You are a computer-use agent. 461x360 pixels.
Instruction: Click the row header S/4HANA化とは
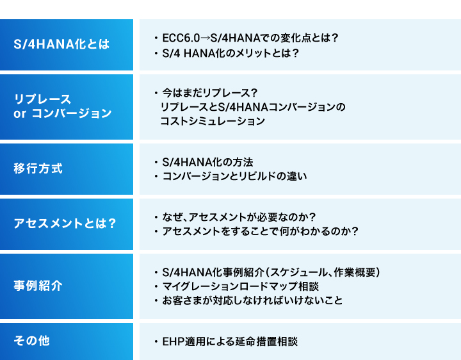click(61, 44)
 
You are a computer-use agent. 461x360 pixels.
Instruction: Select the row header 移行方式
click(38, 168)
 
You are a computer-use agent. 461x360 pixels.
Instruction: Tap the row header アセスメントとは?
click(65, 224)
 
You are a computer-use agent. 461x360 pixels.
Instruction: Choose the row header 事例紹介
click(38, 286)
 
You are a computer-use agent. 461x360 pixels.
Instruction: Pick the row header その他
click(32, 341)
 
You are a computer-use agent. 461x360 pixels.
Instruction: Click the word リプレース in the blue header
click(43, 99)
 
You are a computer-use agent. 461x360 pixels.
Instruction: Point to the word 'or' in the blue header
click(20, 113)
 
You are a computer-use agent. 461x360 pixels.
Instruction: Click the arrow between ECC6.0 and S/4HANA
click(206, 38)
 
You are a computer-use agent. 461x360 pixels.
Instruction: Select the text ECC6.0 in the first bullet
click(181, 38)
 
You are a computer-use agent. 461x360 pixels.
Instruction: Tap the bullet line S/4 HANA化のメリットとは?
click(230, 53)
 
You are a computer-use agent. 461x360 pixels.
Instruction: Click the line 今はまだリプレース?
click(210, 93)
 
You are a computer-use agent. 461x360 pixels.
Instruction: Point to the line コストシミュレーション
click(213, 121)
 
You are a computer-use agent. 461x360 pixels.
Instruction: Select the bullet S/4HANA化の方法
click(207, 162)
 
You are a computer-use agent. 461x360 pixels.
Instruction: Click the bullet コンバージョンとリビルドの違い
click(234, 176)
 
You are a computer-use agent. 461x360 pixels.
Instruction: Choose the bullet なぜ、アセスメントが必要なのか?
click(239, 217)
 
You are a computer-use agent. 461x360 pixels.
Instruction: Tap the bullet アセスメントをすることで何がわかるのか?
click(260, 231)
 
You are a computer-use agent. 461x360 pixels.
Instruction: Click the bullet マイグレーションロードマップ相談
click(241, 286)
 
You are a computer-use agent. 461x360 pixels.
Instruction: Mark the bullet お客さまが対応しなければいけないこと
click(252, 300)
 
